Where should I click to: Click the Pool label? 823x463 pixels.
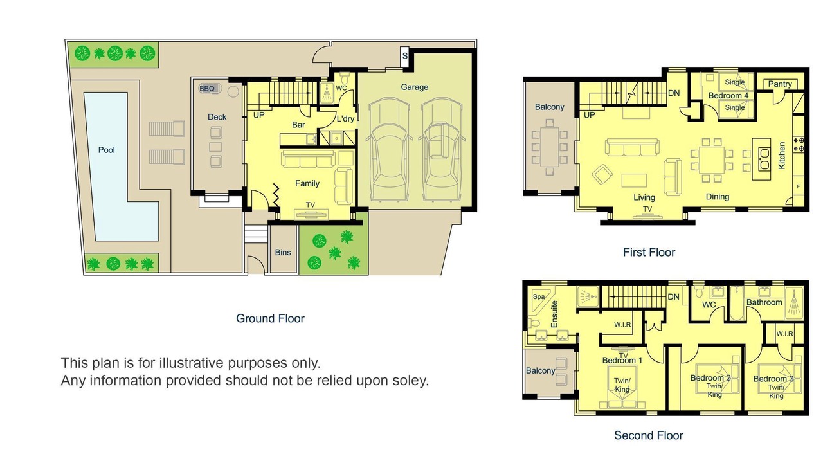106,150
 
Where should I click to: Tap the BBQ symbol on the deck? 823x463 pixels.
210,89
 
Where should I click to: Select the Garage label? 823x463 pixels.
415,87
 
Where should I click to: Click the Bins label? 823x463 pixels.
283,253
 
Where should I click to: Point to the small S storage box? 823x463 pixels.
404,56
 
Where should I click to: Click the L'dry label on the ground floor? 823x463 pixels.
345,119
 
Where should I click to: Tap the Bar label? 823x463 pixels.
298,125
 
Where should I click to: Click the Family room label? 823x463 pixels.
307,183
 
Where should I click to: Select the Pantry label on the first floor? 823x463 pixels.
780,84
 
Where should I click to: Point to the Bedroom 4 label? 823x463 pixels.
728,96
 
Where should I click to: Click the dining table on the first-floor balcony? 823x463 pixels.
550,147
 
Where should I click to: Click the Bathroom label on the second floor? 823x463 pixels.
764,302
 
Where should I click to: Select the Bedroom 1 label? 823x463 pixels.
622,361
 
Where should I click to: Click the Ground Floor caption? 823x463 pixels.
270,318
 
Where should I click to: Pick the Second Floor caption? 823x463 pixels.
649,435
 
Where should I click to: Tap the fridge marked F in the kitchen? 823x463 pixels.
798,186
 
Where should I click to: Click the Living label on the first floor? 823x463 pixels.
644,197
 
